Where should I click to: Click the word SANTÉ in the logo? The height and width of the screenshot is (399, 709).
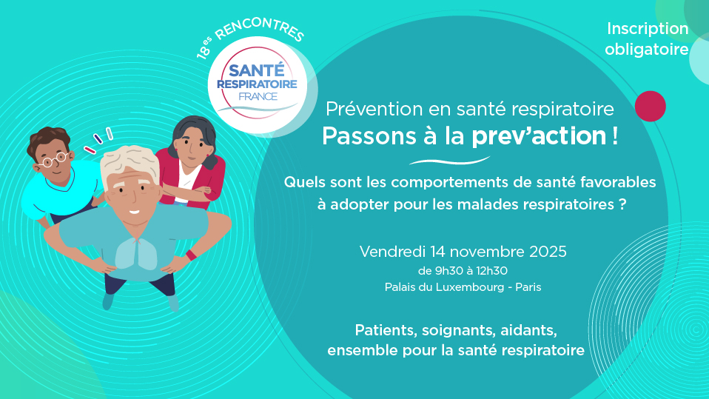coord(256,70)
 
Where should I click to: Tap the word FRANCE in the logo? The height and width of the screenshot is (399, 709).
coord(258,96)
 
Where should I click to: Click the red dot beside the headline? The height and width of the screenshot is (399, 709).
coord(651,107)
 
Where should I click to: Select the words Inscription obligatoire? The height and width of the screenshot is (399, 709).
coord(647,39)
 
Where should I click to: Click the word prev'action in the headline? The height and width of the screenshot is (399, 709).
coord(539,135)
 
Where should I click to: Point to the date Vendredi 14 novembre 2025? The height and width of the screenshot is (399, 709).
coord(463,251)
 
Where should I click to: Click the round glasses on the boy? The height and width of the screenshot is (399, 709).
coord(55,159)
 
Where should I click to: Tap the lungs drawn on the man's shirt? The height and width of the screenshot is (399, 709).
coord(135,254)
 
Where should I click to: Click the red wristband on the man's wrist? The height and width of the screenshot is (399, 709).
coord(191,255)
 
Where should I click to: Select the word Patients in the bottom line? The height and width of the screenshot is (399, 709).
coord(386,330)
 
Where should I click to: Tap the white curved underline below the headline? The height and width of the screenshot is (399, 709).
coord(449,161)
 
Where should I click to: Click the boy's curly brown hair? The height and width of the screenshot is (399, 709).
coord(47,139)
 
